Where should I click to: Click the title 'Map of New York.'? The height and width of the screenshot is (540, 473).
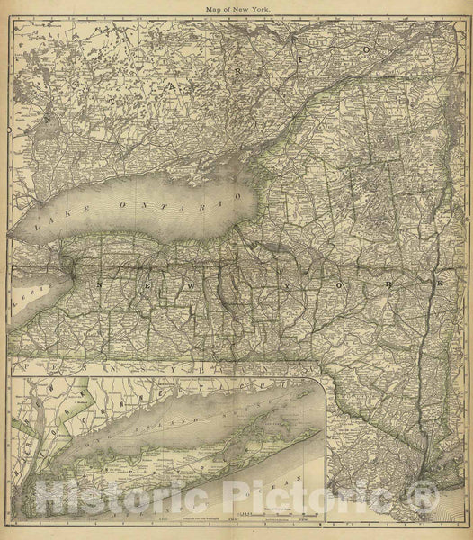pos(236,8)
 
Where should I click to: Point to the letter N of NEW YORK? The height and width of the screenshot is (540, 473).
pos(101,283)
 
